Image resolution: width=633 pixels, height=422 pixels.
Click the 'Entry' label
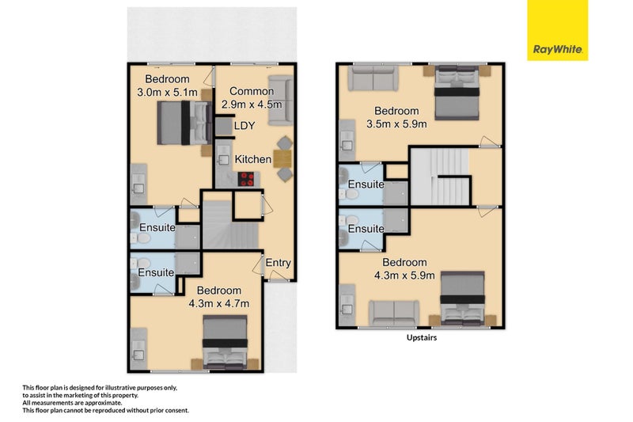pyautogui.click(x=278, y=264)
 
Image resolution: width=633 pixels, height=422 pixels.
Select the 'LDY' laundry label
pyautogui.click(x=244, y=127)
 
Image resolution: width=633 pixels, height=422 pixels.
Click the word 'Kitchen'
pyautogui.click(x=252, y=159)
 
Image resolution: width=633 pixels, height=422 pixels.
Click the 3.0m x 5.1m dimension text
pyautogui.click(x=167, y=92)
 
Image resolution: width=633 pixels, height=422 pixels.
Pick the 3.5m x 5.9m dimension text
pyautogui.click(x=396, y=124)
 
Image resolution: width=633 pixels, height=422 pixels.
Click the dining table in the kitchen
pyautogui.click(x=282, y=160)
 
